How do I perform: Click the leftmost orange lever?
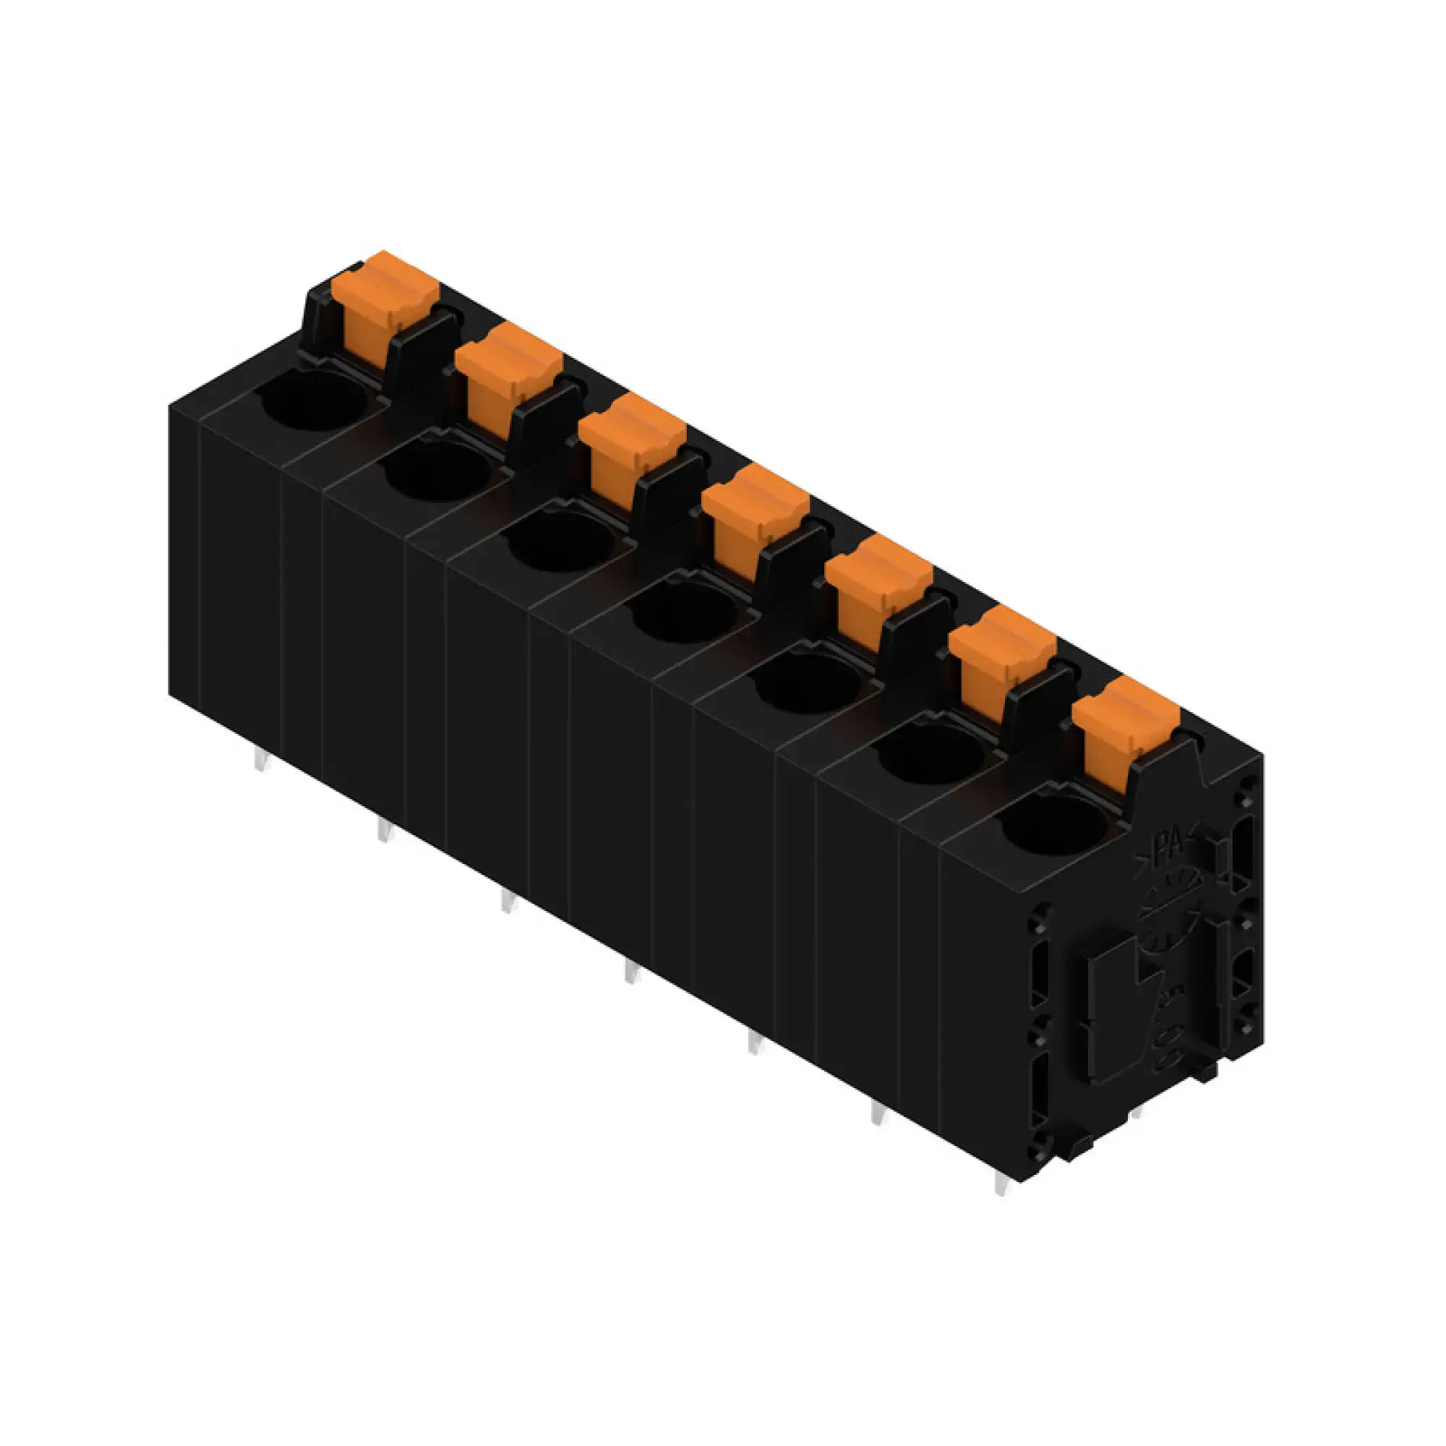[x=378, y=303]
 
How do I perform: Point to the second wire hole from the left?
[x=438, y=470]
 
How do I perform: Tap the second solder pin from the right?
[x=877, y=1113]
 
